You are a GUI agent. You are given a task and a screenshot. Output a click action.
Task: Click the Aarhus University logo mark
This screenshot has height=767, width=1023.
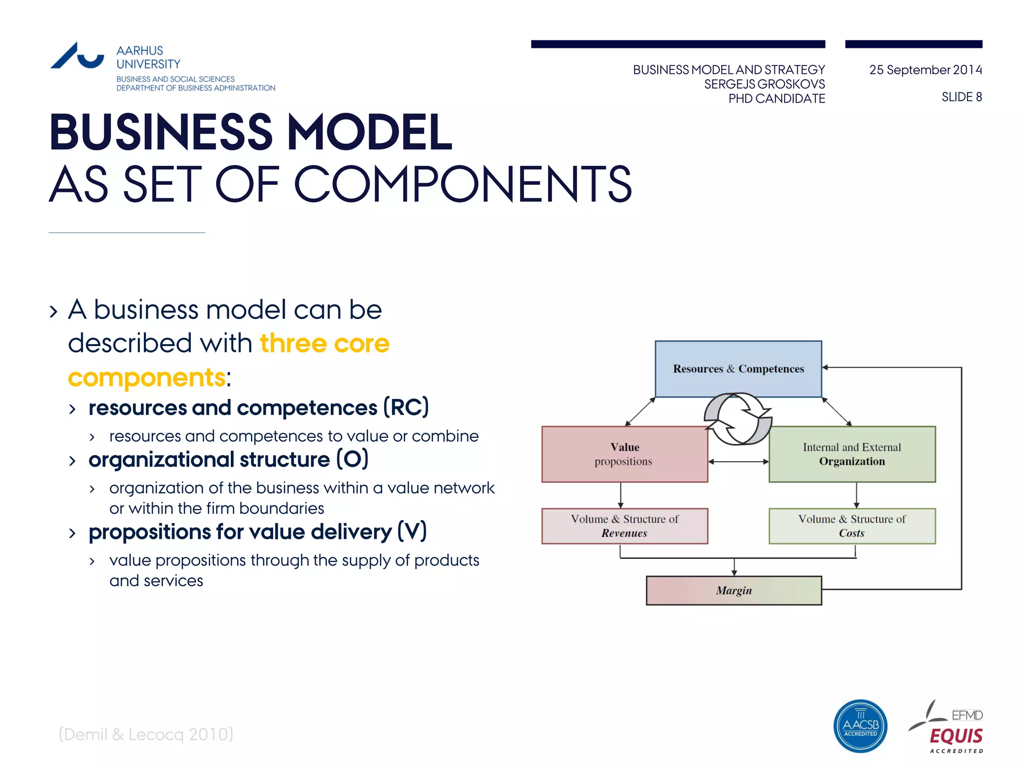point(77,56)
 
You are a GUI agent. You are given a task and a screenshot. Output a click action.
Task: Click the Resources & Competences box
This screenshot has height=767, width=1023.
point(738,369)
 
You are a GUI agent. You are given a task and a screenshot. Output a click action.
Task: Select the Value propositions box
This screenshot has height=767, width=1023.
point(624,454)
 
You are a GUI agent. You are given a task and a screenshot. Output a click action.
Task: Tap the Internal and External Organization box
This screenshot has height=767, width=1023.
point(852,454)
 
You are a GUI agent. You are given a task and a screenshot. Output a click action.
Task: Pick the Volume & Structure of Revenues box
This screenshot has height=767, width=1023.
point(624,526)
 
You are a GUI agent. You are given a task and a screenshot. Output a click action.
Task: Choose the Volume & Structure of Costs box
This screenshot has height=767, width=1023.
point(852,526)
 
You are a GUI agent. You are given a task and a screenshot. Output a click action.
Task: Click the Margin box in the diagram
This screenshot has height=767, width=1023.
point(733,590)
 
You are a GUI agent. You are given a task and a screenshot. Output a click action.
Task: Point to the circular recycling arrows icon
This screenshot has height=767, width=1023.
point(738,418)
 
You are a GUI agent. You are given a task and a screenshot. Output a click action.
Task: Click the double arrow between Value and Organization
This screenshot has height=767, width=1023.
point(738,462)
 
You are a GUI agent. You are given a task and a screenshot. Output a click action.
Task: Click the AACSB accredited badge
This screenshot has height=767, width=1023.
point(860,726)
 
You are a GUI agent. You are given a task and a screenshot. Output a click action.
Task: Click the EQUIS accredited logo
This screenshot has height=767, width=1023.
point(949,729)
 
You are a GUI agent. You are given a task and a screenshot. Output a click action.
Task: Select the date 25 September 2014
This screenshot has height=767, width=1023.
point(925,70)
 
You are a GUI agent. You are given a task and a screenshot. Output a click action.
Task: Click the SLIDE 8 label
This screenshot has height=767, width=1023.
point(962,97)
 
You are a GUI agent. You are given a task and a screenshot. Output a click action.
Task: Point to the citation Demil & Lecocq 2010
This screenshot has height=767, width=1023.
point(146,734)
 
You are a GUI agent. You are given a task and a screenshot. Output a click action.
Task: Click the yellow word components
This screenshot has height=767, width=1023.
point(146,378)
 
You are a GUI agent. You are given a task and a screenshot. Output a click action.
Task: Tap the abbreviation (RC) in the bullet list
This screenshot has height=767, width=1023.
point(406,407)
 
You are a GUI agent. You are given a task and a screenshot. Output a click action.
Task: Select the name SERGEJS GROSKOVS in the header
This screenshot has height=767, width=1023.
point(764,84)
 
